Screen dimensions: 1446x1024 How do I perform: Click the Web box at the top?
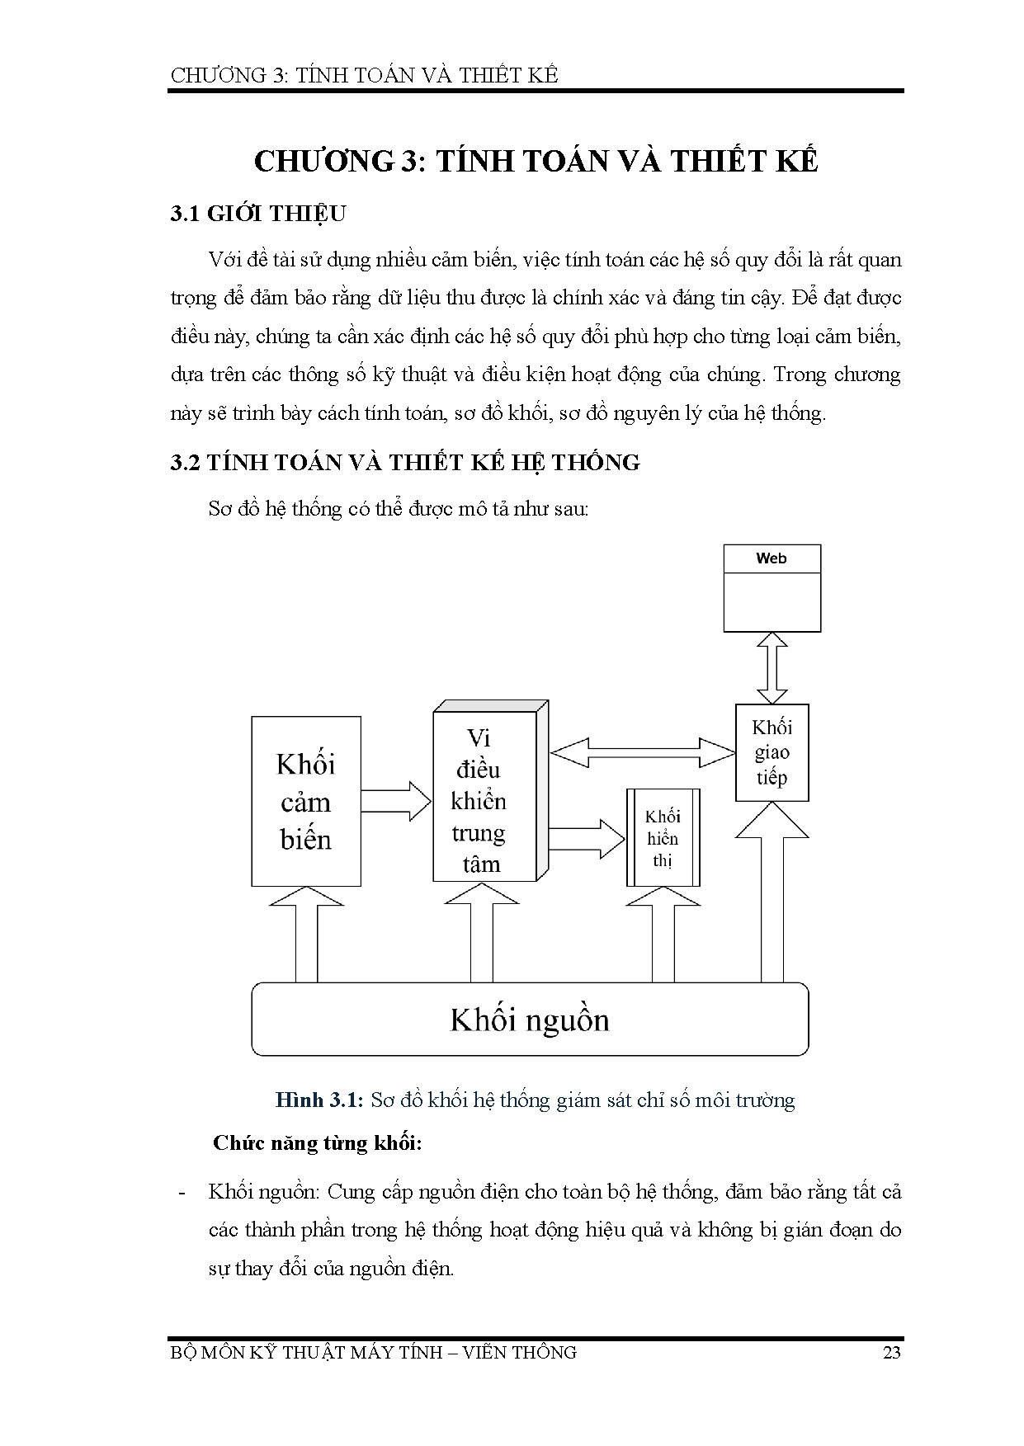(x=772, y=587)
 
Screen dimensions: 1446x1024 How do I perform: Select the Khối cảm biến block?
(x=305, y=801)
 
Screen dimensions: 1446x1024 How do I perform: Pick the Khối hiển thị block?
(x=663, y=838)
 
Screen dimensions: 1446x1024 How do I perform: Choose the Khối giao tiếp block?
(x=772, y=752)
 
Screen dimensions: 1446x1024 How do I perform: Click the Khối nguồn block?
(x=530, y=1020)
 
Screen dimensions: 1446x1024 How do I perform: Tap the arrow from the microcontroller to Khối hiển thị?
(x=586, y=839)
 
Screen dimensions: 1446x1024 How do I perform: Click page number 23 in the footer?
(x=891, y=1352)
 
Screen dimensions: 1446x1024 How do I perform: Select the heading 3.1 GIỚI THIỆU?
(x=257, y=214)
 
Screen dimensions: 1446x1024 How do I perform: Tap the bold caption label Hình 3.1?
(x=319, y=1100)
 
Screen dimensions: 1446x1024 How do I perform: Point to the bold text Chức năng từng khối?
(x=318, y=1143)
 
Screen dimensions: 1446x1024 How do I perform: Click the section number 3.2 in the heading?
(x=186, y=463)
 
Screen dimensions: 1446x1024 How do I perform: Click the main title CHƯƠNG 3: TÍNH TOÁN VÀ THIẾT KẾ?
(x=536, y=161)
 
